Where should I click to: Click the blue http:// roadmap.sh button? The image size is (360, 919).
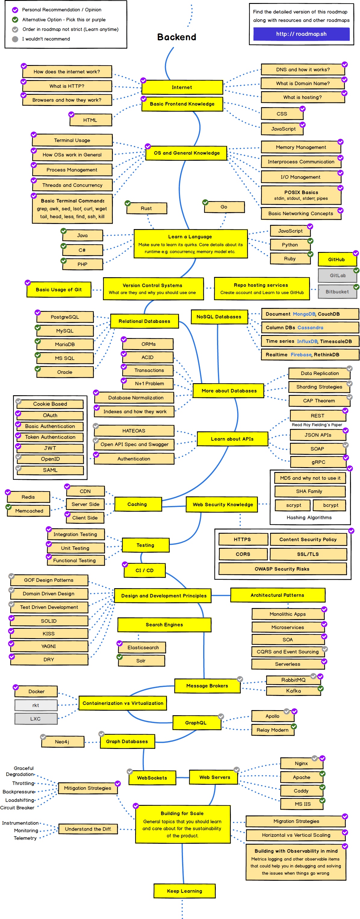tap(301, 34)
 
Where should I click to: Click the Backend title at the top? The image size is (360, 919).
tap(177, 37)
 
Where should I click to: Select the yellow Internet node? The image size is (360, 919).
tap(182, 87)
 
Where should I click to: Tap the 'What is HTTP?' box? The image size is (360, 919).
tap(67, 86)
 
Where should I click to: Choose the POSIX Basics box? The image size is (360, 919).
tap(301, 195)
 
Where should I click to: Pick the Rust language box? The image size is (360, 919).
tap(146, 208)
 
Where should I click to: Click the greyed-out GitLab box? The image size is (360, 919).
tap(337, 275)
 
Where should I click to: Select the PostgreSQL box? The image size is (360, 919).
tap(65, 317)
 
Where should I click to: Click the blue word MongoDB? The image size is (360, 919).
tap(304, 314)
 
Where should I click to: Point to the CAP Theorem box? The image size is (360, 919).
tap(319, 401)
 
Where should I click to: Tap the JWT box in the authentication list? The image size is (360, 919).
tap(50, 448)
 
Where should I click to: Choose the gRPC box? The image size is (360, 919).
tap(318, 462)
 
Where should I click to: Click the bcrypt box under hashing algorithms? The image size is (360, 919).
tap(331, 505)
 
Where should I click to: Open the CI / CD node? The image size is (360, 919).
tap(144, 570)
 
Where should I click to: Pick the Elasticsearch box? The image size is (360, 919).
tap(143, 647)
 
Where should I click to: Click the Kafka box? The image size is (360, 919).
tap(293, 691)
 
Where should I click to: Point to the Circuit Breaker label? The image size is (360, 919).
tap(17, 807)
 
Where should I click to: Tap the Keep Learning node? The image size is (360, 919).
tap(185, 891)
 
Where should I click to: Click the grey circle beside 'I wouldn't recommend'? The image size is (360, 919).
tap(15, 39)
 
